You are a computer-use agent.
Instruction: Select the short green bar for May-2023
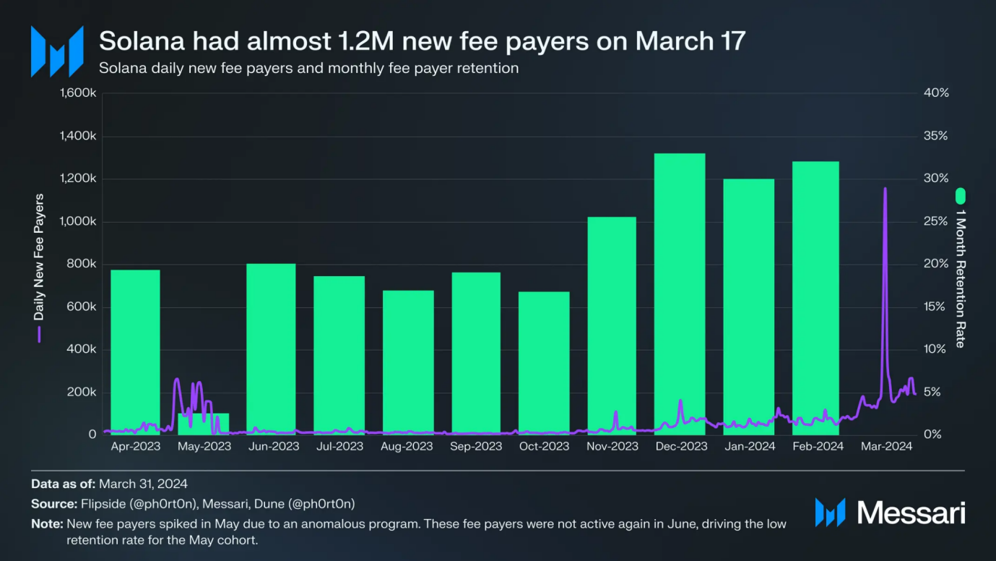click(204, 424)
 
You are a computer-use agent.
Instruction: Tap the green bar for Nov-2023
click(612, 325)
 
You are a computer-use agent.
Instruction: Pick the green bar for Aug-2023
click(408, 361)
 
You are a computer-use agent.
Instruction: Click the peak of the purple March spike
click(885, 189)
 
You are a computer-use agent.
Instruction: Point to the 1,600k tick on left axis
click(78, 94)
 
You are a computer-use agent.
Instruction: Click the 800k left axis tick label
click(82, 265)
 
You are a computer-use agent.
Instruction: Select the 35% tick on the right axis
click(936, 137)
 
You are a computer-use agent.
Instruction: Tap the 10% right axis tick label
click(936, 350)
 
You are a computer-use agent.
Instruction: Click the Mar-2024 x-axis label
click(887, 447)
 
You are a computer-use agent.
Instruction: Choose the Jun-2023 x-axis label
click(274, 447)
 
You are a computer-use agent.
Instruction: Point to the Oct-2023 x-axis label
click(545, 447)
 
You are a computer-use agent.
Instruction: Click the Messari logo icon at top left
click(56, 51)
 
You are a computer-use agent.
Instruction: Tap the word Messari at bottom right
click(911, 513)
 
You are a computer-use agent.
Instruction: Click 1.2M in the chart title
click(366, 41)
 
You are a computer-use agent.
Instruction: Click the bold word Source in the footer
click(53, 504)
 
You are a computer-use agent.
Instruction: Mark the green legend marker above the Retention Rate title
click(960, 196)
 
